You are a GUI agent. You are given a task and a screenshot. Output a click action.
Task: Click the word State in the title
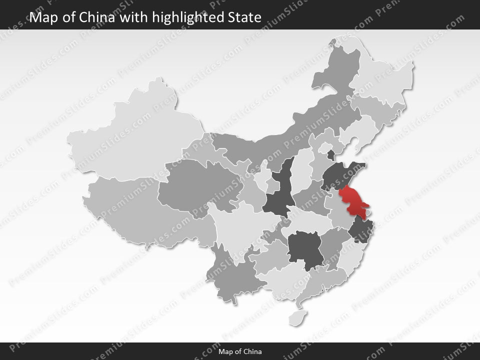click(x=244, y=17)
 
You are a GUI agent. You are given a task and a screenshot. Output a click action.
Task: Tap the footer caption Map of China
click(x=240, y=351)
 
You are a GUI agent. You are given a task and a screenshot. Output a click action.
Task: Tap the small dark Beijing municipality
click(x=330, y=154)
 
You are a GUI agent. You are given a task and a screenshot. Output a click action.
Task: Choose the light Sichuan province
click(x=240, y=225)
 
